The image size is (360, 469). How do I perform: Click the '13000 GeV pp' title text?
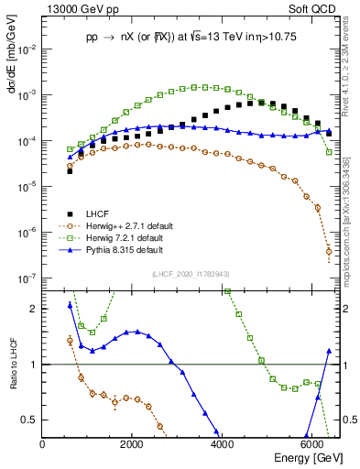tap(75, 8)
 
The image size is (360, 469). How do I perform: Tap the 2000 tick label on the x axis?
tap(132, 444)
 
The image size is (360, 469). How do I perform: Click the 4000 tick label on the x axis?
tap(222, 444)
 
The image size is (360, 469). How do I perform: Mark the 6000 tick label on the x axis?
tap(311, 444)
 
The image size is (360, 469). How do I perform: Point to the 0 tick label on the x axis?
tap(43, 444)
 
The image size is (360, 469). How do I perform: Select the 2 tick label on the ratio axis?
tap(34, 309)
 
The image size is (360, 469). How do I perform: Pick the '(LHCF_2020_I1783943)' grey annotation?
tap(191, 275)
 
